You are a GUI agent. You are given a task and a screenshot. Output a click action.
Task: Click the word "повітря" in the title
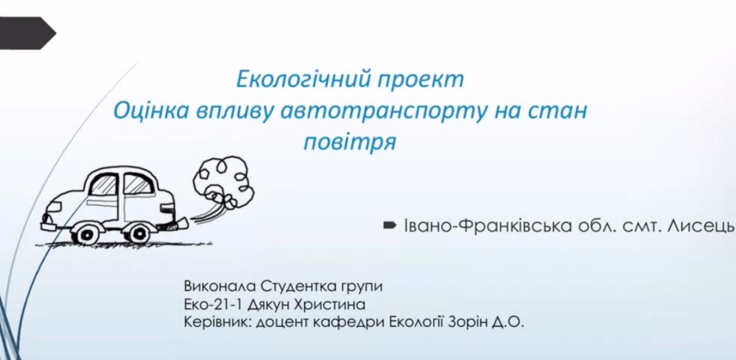(350, 142)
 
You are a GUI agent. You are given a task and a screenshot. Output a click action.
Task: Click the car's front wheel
(85, 234)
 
